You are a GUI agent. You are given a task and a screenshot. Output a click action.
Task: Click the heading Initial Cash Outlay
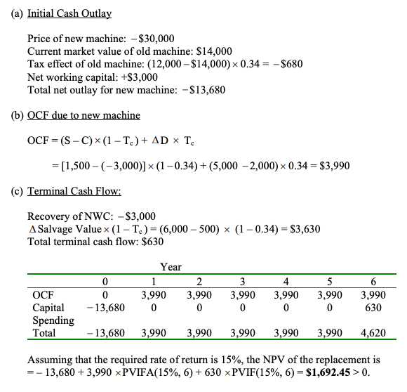(x=68, y=13)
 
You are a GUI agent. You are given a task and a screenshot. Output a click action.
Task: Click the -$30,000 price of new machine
(x=154, y=39)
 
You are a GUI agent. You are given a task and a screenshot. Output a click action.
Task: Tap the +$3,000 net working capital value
(x=138, y=77)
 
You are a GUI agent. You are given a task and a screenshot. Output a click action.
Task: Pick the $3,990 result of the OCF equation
(x=333, y=166)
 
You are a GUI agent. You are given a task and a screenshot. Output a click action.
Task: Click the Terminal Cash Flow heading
(x=74, y=192)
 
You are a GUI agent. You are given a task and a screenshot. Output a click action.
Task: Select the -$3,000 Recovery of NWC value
(x=135, y=216)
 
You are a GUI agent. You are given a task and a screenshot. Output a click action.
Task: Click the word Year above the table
(x=171, y=267)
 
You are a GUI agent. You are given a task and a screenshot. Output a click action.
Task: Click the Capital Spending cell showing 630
(x=374, y=308)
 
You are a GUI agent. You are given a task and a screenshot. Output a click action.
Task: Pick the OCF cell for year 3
(x=242, y=295)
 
